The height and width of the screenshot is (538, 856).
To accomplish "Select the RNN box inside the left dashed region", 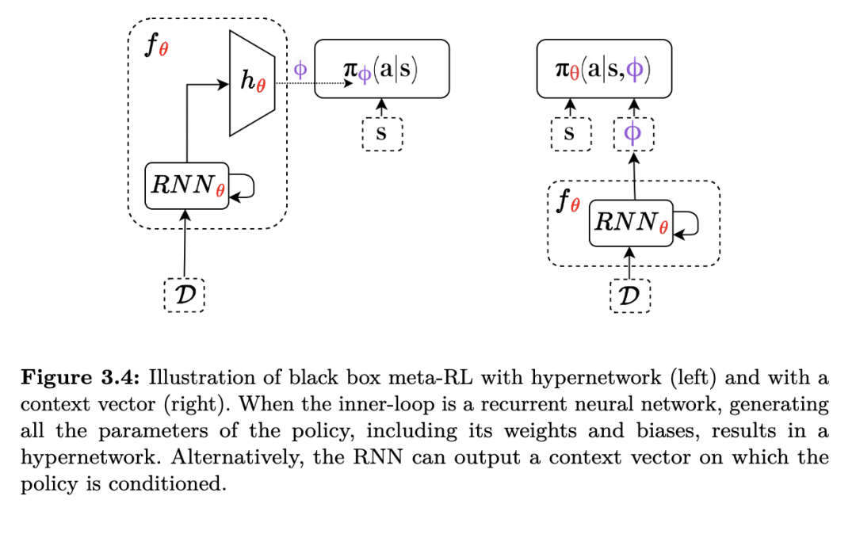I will pos(186,185).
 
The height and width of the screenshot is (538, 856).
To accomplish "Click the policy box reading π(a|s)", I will pos(381,69).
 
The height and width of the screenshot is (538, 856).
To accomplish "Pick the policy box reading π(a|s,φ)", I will pos(603,69).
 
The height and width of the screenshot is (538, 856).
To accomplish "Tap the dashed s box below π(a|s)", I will pos(382,134).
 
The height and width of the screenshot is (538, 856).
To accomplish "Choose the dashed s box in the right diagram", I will pos(571,134).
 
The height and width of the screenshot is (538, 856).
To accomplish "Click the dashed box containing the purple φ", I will pos(633,134).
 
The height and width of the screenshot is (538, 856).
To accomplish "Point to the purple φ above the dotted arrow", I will pos(300,68).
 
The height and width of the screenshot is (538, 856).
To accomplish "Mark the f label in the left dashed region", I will pos(155,46).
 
